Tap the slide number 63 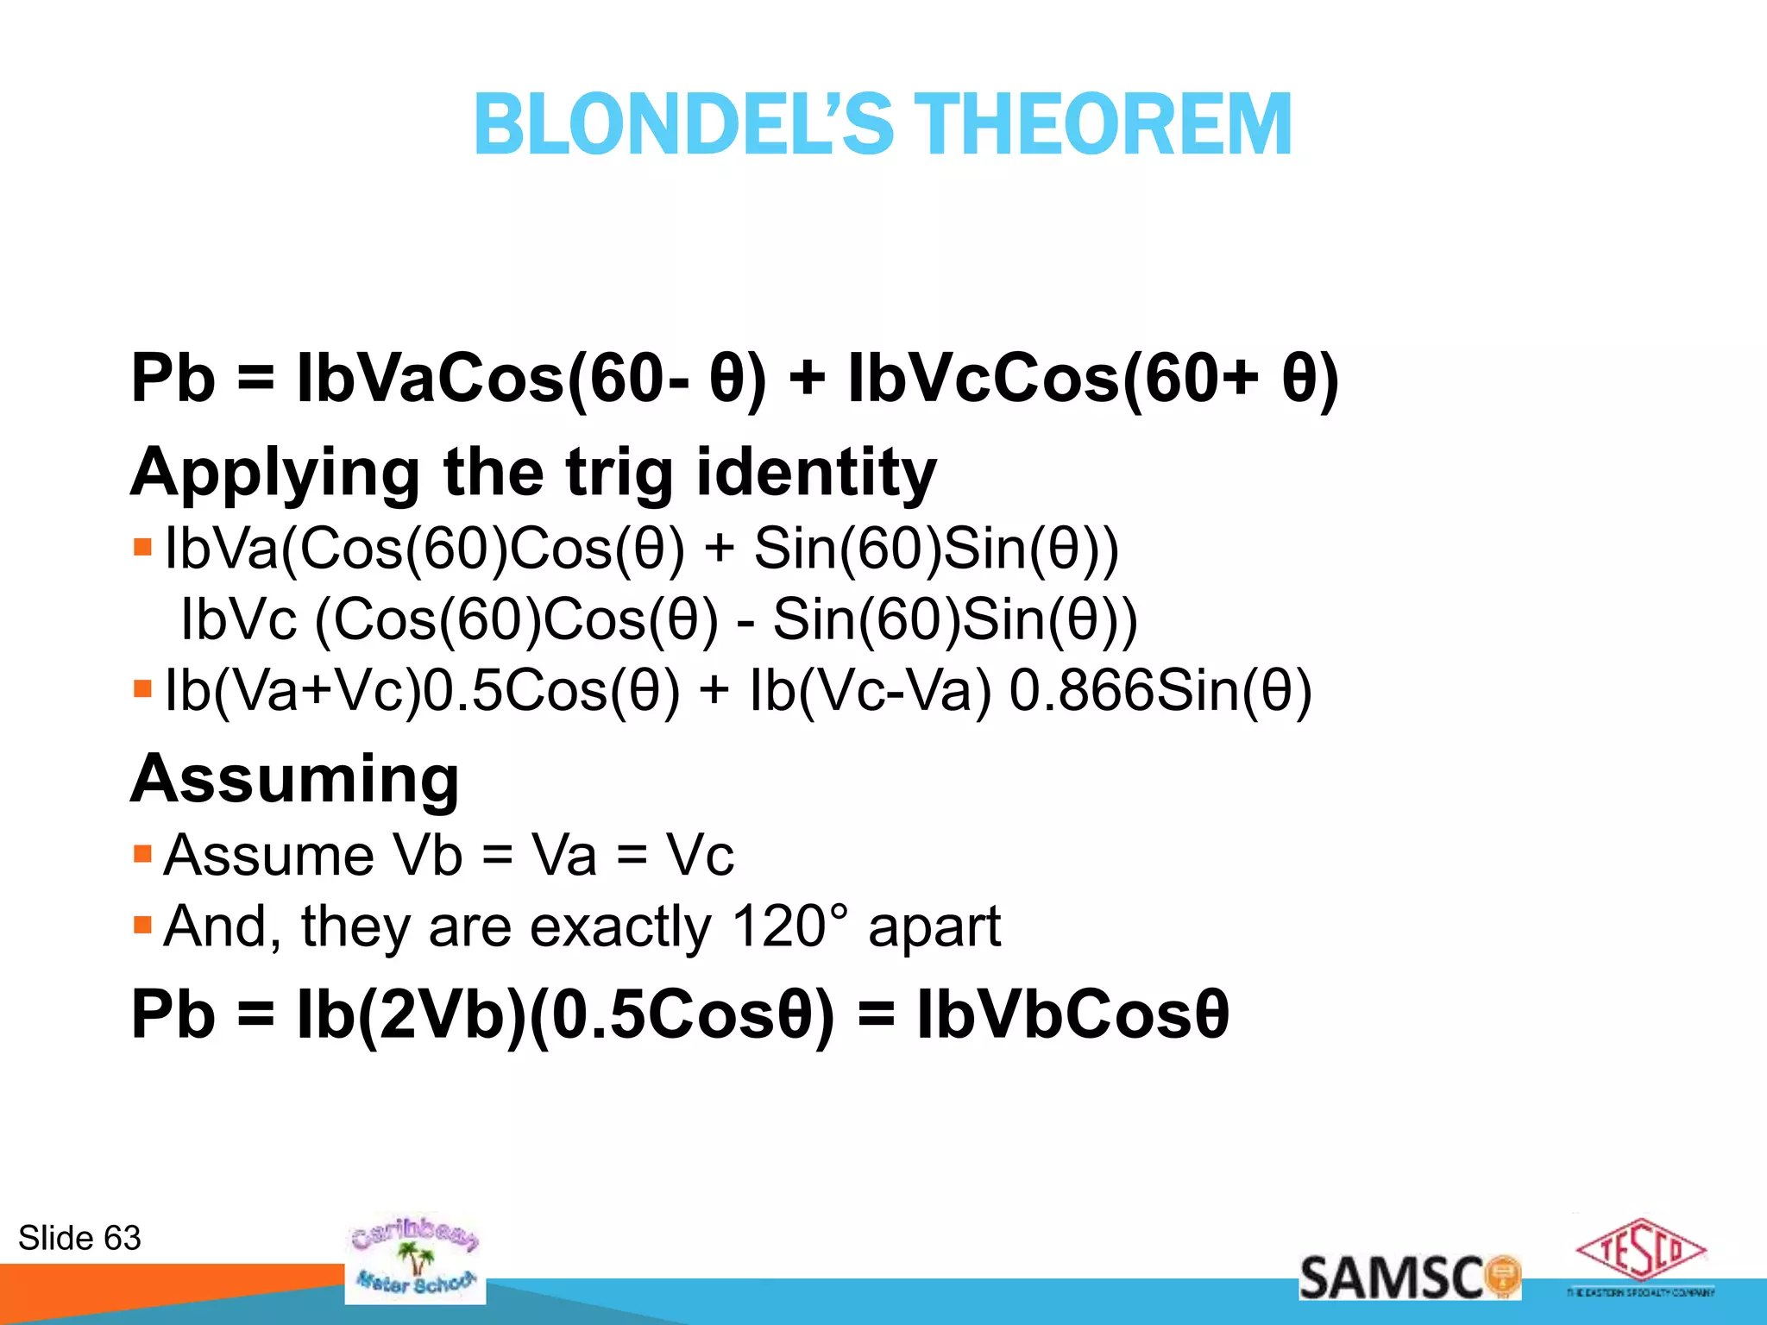point(122,1238)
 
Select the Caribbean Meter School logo point(415,1260)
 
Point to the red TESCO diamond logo point(1641,1250)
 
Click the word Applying point(274,474)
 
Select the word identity point(815,474)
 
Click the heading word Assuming point(295,779)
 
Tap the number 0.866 point(1081,691)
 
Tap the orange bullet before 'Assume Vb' point(143,855)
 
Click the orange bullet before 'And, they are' point(143,926)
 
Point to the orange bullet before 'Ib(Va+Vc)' point(143,690)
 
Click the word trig point(619,474)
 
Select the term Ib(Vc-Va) point(871,691)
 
